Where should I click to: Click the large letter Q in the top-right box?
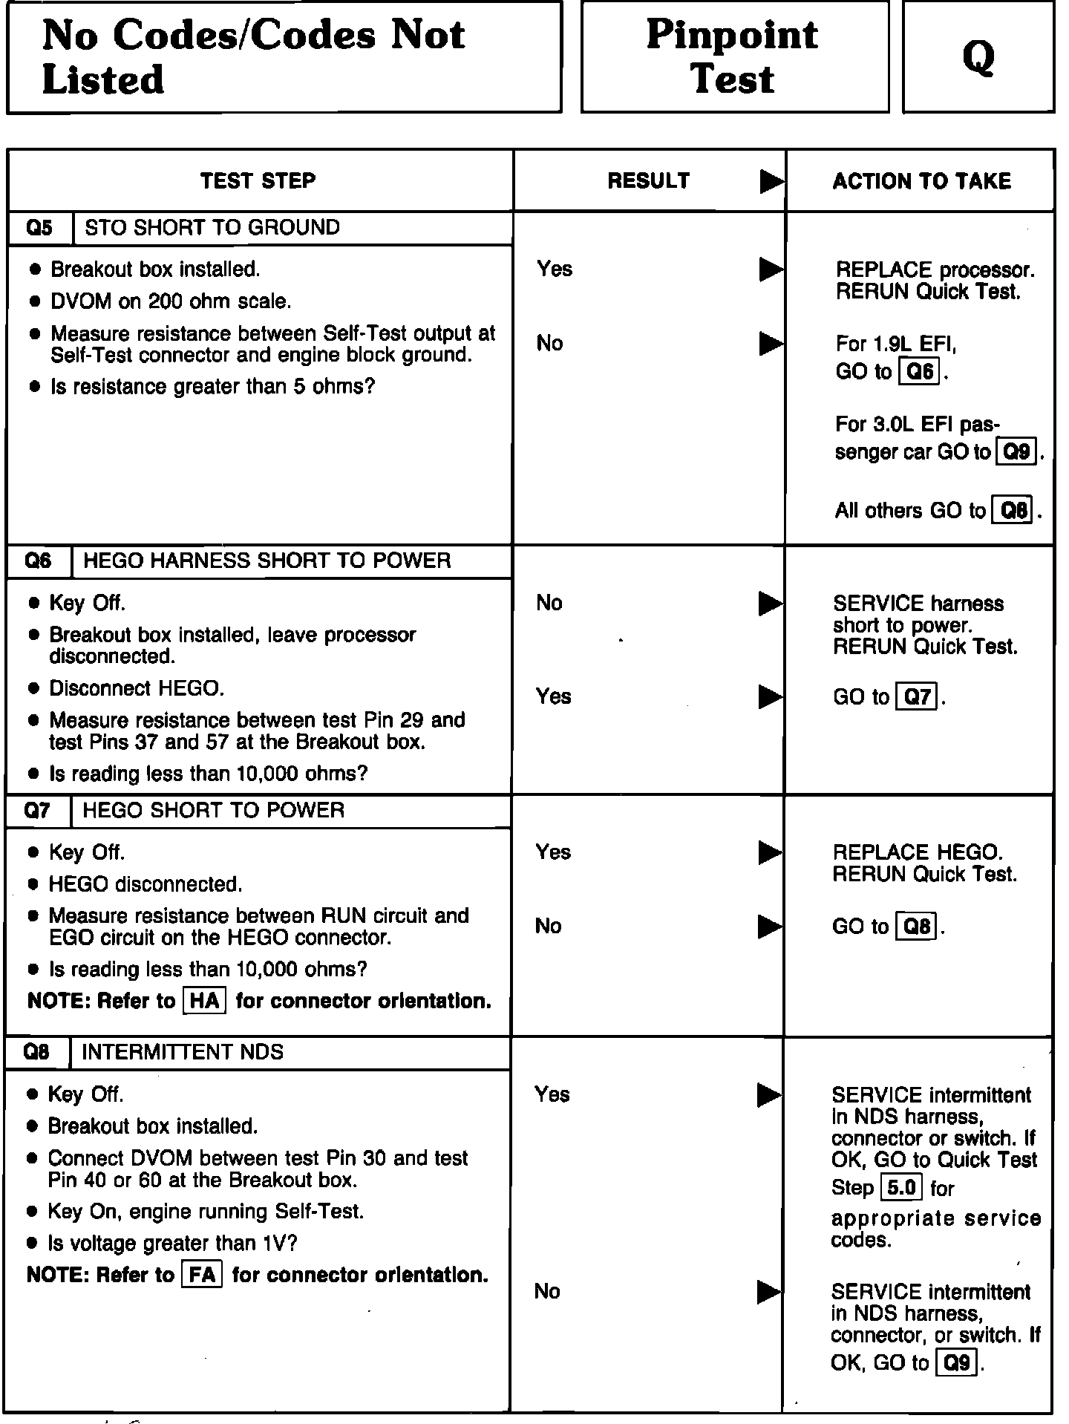[978, 57]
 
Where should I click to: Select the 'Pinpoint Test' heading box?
[733, 56]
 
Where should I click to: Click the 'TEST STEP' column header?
[258, 180]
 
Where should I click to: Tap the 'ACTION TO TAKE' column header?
[921, 181]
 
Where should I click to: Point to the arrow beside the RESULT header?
[772, 181]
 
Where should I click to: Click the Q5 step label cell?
[40, 228]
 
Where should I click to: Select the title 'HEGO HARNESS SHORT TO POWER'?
[267, 561]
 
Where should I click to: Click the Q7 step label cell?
[38, 810]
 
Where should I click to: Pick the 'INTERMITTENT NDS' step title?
[183, 1052]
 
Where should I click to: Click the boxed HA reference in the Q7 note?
[204, 1001]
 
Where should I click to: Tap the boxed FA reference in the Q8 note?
[202, 1275]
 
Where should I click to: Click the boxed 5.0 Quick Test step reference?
[900, 1188]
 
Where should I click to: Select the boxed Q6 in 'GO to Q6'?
[920, 370]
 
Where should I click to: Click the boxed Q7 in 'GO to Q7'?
[918, 697]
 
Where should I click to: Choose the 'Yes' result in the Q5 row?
[555, 269]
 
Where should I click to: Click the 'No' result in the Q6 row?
[549, 603]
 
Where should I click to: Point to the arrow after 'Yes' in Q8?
[769, 1094]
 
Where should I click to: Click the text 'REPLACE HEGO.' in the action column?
[918, 852]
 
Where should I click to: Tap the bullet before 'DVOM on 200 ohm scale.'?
[34, 301]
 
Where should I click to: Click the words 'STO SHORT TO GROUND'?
[212, 227]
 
